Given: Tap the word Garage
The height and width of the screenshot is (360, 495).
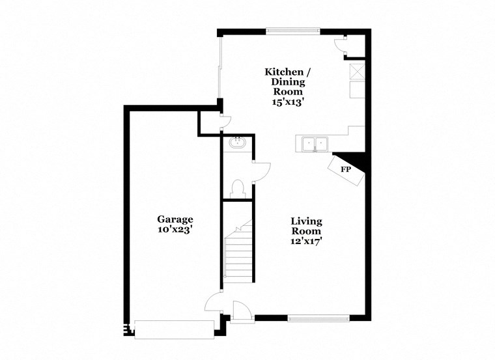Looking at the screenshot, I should pos(175,219).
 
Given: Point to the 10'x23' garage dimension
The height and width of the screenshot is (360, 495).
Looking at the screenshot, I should pos(175,230).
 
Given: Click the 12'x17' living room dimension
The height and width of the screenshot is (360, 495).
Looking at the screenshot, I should pos(306,241).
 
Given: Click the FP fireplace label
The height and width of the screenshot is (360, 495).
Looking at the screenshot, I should pos(346,170).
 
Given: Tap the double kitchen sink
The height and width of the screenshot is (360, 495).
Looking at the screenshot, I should pos(315,143).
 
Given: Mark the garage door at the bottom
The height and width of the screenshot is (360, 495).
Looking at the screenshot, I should pos(174,329).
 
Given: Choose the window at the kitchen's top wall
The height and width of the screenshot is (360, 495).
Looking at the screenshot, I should pos(292,30).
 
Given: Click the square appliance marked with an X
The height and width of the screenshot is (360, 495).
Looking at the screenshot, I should pos(357,72).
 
